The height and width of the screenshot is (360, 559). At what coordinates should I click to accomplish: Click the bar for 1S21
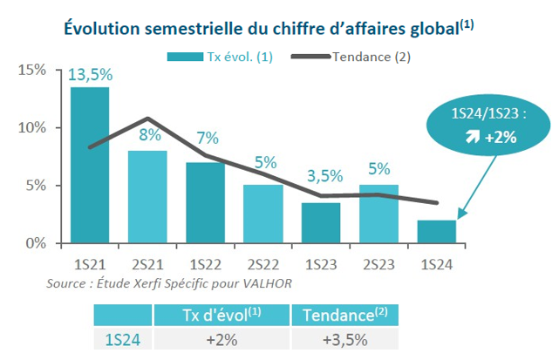(90, 166)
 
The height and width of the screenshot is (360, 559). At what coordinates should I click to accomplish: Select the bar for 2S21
(147, 197)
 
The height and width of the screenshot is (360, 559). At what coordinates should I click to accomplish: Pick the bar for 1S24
(435, 232)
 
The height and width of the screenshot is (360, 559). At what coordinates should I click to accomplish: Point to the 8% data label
(147, 136)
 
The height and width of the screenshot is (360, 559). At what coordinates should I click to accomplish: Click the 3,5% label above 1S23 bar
(320, 188)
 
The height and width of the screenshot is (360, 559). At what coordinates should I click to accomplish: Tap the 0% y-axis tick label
(36, 243)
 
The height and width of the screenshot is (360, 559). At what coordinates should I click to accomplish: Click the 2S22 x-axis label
(262, 260)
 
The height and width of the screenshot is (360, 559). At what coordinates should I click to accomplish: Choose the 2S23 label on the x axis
(378, 260)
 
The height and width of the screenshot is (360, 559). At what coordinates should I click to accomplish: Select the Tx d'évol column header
(222, 315)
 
